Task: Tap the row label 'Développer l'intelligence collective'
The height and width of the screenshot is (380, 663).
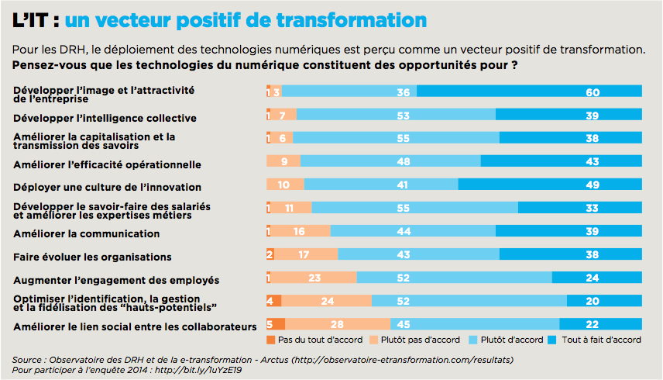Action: pyautogui.click(x=105, y=118)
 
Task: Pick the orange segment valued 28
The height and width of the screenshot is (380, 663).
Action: pyautogui.click(x=338, y=324)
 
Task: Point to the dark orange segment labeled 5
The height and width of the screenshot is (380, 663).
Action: pyautogui.click(x=276, y=324)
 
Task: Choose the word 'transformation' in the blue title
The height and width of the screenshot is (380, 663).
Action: pyautogui.click(x=358, y=19)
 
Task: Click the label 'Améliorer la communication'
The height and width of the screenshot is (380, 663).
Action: pyautogui.click(x=87, y=233)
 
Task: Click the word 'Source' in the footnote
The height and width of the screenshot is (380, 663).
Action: pyautogui.click(x=27, y=359)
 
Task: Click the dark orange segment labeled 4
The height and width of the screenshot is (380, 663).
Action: pyautogui.click(x=273, y=301)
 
